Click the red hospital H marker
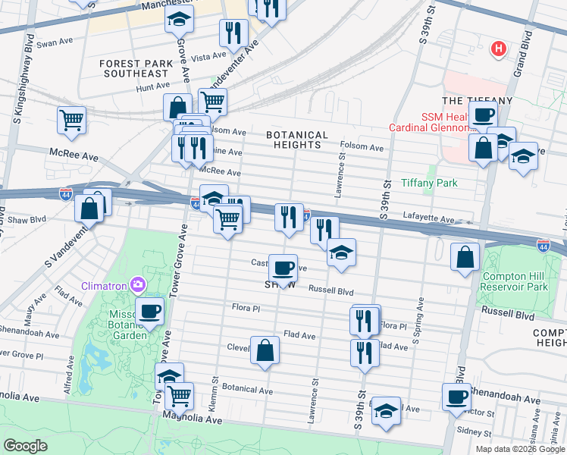tap(498, 49)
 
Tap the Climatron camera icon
tap(137, 285)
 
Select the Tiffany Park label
tap(428, 183)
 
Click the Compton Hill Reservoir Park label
tap(515, 281)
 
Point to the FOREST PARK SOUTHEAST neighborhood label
tap(134, 67)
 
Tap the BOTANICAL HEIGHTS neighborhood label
tap(297, 140)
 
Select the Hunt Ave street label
tap(131, 89)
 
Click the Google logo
tap(26, 446)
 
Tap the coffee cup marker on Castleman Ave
tap(283, 266)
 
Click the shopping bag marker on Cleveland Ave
tap(265, 350)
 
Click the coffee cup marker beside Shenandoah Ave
tap(457, 397)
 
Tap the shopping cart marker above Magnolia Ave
tap(179, 394)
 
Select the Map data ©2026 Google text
tap(520, 449)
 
